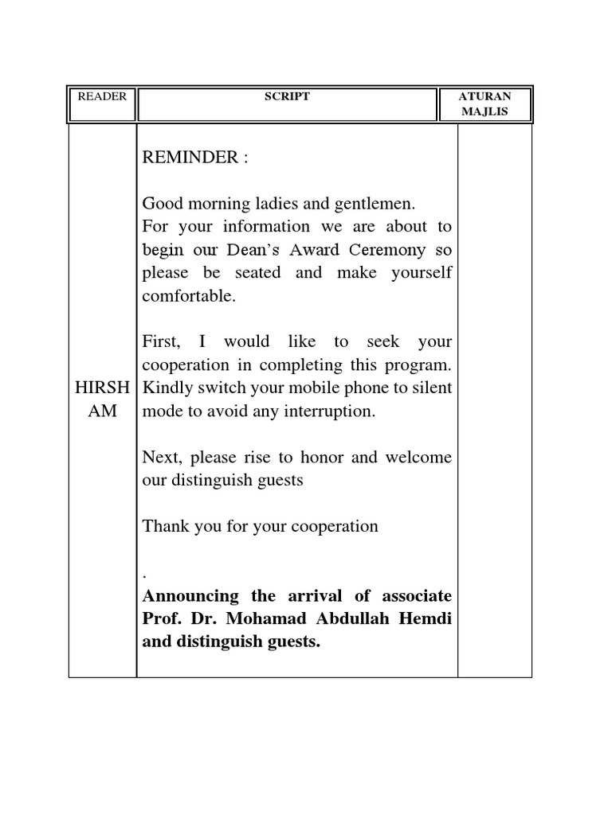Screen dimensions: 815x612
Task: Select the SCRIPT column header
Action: (x=287, y=96)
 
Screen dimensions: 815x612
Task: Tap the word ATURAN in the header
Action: (x=484, y=96)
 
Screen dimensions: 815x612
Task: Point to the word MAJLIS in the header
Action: (x=484, y=112)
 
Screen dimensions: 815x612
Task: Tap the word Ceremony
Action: (x=385, y=250)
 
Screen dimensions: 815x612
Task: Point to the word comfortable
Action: (x=188, y=296)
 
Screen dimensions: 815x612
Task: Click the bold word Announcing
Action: (x=190, y=596)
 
